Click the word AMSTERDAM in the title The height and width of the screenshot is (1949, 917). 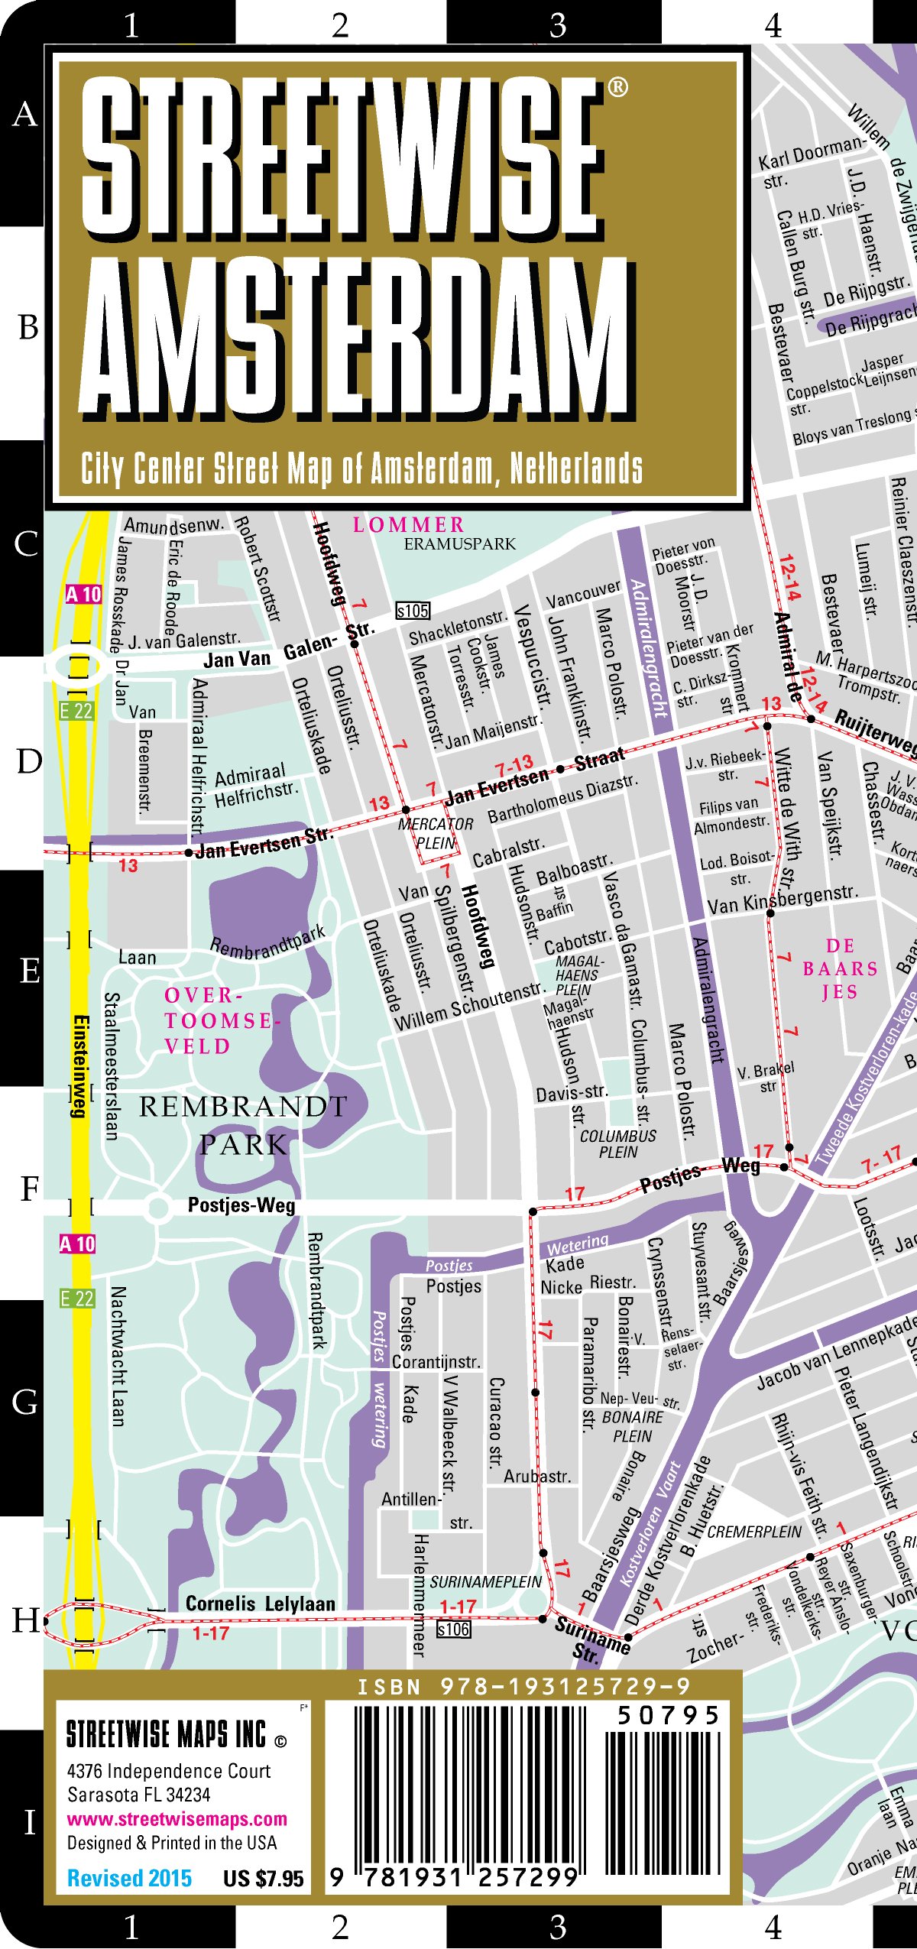coord(355,336)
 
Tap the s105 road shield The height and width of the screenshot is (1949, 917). coord(413,611)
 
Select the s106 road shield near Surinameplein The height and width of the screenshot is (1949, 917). coord(453,1630)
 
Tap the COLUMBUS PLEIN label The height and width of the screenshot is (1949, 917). coord(617,1143)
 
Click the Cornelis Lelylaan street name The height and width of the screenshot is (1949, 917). coord(260,1604)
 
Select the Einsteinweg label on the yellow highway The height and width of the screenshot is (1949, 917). coord(79,1066)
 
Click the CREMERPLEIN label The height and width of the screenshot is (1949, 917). coord(753,1532)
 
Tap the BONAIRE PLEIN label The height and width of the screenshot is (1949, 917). coord(633,1426)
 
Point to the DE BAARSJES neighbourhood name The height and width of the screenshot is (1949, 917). coord(840,968)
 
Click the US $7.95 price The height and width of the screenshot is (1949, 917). coord(263,1878)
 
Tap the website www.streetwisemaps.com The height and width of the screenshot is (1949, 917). coord(177,1819)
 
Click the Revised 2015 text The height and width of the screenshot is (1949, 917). coord(129,1878)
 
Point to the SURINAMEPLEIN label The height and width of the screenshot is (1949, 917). coord(485,1581)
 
